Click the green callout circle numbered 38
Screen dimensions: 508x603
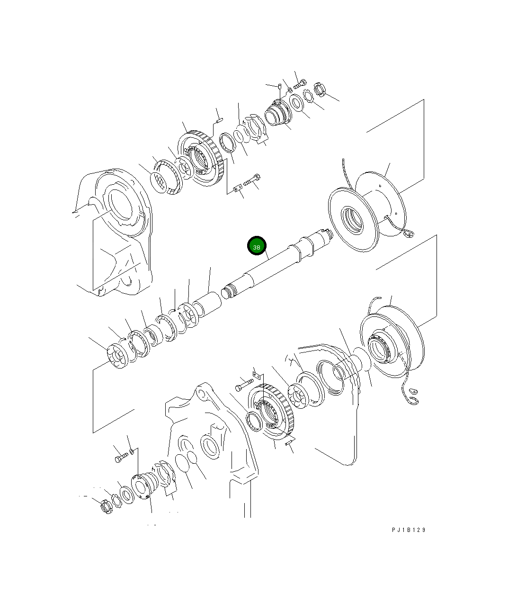(x=257, y=246)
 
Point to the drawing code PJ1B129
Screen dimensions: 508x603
(x=409, y=530)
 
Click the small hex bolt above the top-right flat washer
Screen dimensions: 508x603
(x=300, y=84)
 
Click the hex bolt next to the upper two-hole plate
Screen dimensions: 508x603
(x=252, y=180)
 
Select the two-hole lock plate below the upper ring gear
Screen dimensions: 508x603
(x=238, y=188)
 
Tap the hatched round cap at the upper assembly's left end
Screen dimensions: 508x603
(x=159, y=182)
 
